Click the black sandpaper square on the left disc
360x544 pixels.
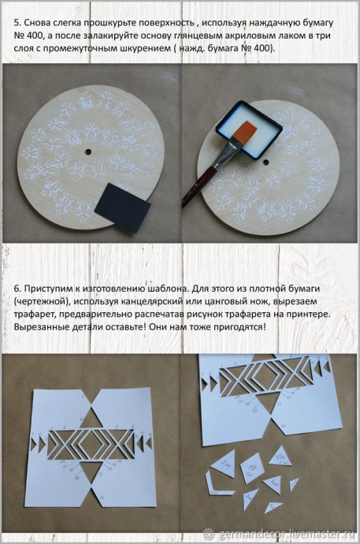click(122, 208)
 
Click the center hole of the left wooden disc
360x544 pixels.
click(88, 151)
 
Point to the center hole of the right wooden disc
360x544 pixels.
click(266, 162)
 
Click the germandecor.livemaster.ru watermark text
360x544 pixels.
click(285, 534)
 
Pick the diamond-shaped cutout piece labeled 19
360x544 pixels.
click(252, 468)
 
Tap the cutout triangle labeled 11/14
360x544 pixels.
click(280, 456)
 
